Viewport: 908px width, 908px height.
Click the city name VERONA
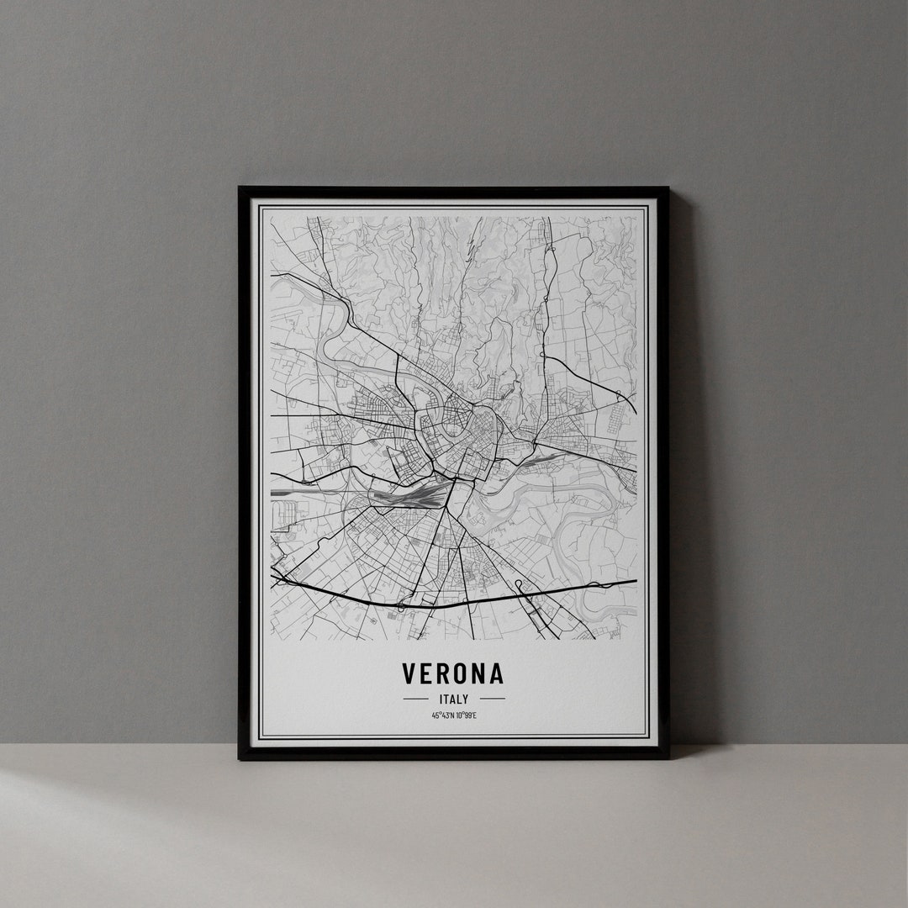click(453, 673)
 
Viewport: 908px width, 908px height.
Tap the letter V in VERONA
click(409, 673)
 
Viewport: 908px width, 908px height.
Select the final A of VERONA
click(496, 673)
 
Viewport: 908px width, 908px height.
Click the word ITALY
click(454, 698)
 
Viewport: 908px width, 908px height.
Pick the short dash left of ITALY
click(415, 698)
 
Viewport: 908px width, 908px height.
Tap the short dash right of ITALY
click(493, 698)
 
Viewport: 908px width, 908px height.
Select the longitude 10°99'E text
click(466, 715)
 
